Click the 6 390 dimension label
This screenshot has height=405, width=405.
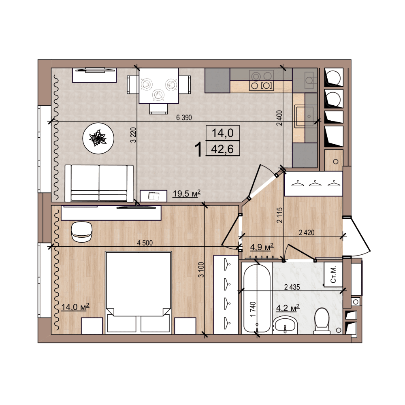pos(184,117)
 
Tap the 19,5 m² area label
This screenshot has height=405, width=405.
pos(187,194)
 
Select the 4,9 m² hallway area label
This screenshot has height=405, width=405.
pos(262,247)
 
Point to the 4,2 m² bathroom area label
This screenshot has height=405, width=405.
pos(288,308)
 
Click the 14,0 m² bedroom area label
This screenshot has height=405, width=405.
pos(75,307)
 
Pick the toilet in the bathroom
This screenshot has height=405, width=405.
pos(322,320)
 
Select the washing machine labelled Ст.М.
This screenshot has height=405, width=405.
pos(333,275)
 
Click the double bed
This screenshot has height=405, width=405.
pos(139,293)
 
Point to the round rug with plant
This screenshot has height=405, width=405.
pos(98,138)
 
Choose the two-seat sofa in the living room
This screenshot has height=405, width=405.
pos(99,183)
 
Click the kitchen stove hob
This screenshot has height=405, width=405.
pos(261,80)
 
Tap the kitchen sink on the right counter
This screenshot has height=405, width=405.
pos(305,116)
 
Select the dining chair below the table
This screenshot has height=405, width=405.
pos(158,109)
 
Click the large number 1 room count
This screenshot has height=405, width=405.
pos(198,150)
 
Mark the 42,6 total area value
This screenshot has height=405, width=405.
pos(222,149)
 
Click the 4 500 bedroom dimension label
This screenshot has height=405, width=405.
pos(145,243)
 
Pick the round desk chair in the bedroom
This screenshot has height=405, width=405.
pos(82,232)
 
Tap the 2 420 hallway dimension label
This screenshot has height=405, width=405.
pos(307,232)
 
